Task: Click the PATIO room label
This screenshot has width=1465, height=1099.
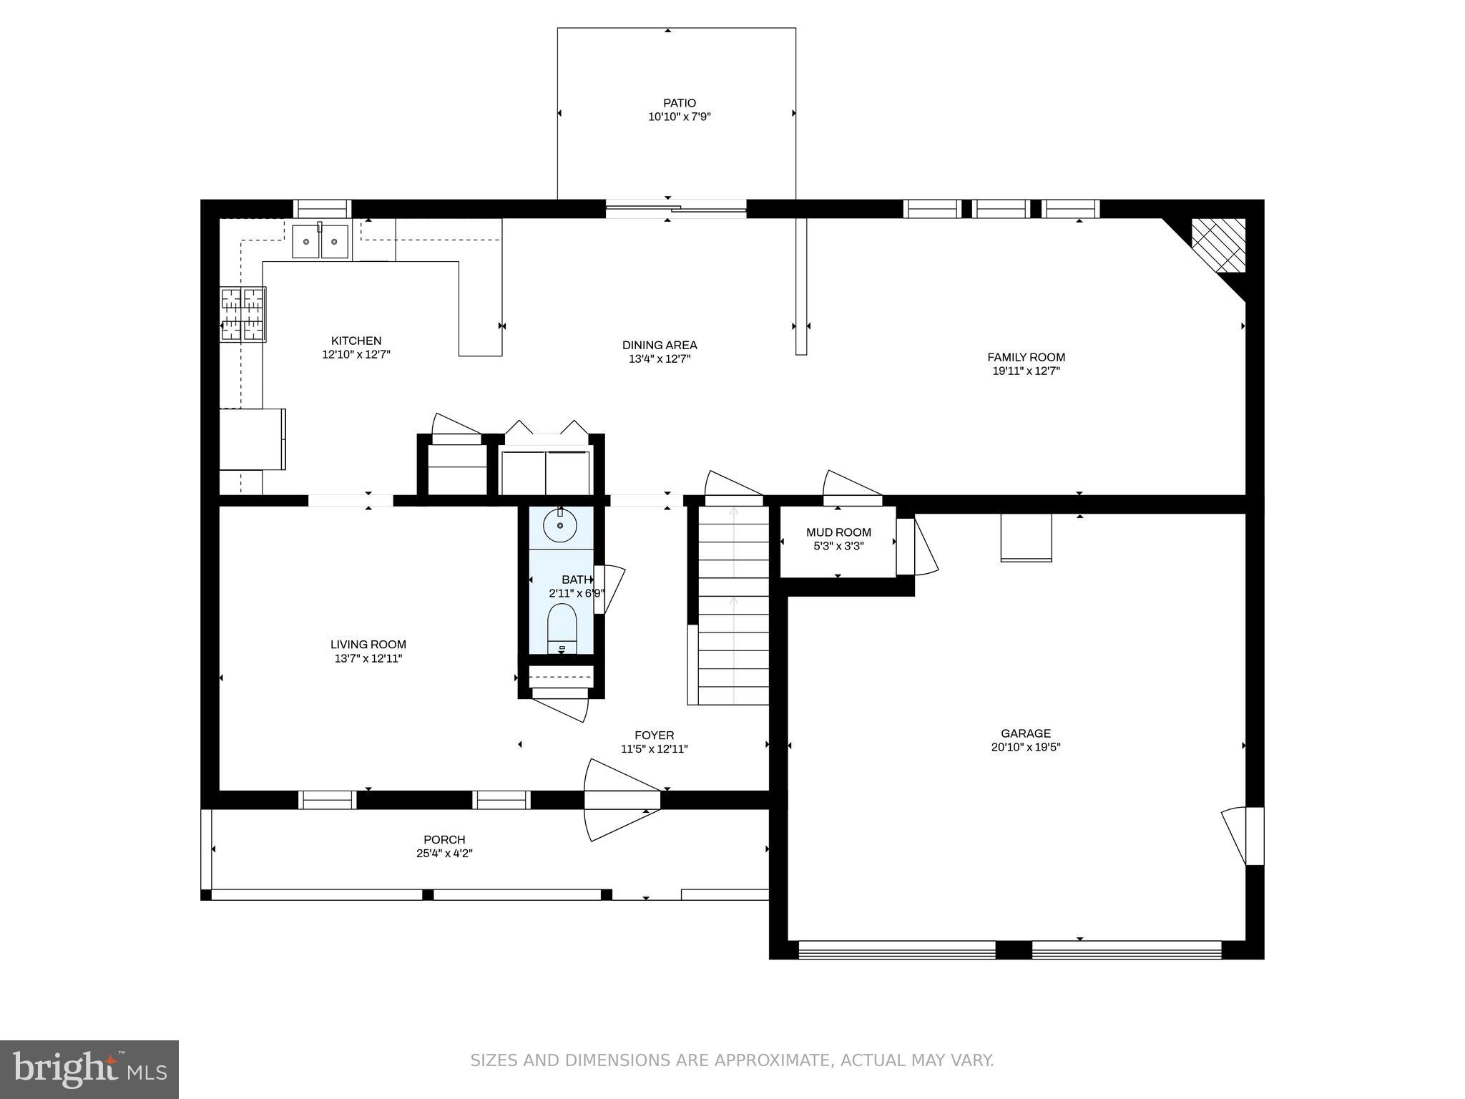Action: click(x=679, y=103)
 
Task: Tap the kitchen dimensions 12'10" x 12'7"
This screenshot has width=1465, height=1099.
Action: click(x=356, y=354)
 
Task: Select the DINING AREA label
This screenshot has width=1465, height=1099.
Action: click(x=660, y=345)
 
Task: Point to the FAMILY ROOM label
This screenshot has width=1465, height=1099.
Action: click(x=1026, y=357)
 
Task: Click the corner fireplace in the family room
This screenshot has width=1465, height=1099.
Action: click(x=1217, y=246)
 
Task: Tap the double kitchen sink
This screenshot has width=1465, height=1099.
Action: click(x=320, y=241)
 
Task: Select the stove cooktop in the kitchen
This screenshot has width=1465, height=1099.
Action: click(x=242, y=314)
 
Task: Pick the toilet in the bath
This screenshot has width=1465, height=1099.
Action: click(x=562, y=628)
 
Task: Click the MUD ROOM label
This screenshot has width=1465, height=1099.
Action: click(x=838, y=532)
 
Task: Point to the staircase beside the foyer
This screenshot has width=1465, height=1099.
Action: click(x=733, y=605)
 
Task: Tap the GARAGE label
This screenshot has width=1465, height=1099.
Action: click(x=1026, y=733)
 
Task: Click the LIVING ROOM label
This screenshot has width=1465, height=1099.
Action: click(x=368, y=645)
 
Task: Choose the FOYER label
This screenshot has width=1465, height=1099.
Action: click(x=654, y=736)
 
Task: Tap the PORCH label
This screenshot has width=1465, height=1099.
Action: click(x=444, y=840)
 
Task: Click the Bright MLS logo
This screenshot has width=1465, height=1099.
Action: click(x=89, y=1069)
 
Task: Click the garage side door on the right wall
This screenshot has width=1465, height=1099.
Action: click(x=1243, y=836)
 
